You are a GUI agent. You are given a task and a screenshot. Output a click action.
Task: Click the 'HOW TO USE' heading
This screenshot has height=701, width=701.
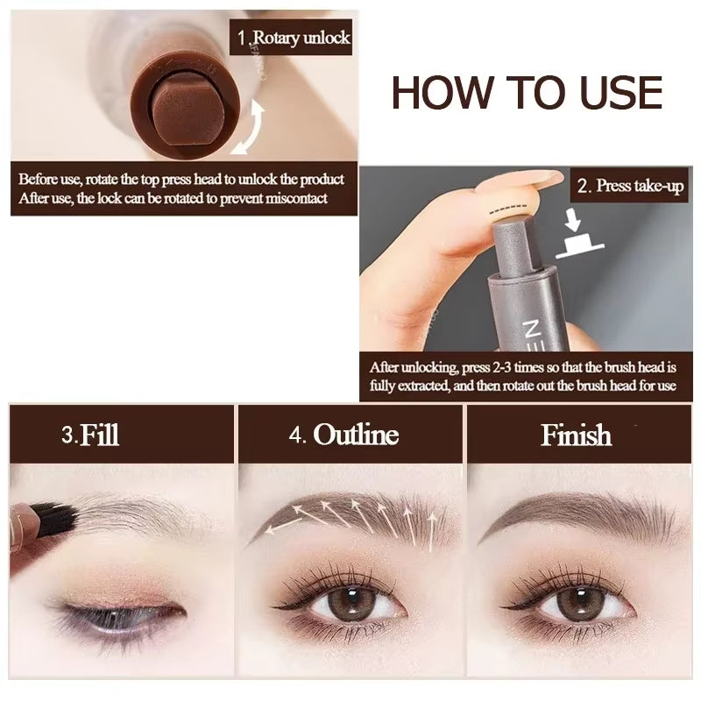coord(526,93)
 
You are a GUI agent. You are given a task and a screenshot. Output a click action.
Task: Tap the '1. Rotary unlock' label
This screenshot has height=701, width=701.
coord(294,37)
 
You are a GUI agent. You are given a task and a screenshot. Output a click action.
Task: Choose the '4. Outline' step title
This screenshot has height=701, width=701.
coord(344,435)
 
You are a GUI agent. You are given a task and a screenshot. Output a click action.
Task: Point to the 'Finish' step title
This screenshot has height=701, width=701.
coord(576,435)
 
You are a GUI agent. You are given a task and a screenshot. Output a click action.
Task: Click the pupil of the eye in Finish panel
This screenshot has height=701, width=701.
coord(576,605)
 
